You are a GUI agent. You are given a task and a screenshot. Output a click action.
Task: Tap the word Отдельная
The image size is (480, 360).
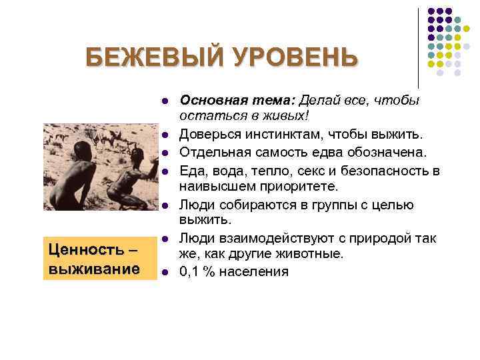(x=213, y=154)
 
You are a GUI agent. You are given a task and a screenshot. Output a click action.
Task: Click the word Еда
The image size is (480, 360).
(x=191, y=171)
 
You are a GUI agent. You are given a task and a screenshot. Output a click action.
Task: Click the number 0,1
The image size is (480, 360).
(x=191, y=271)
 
